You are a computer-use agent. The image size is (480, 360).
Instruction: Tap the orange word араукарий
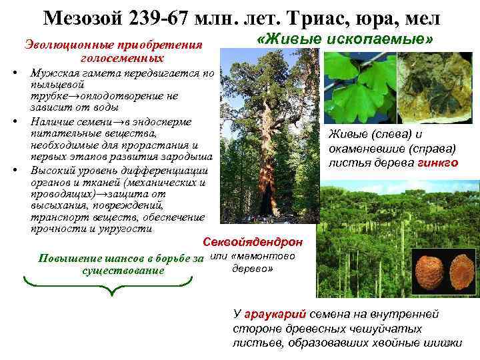click(267, 313)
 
